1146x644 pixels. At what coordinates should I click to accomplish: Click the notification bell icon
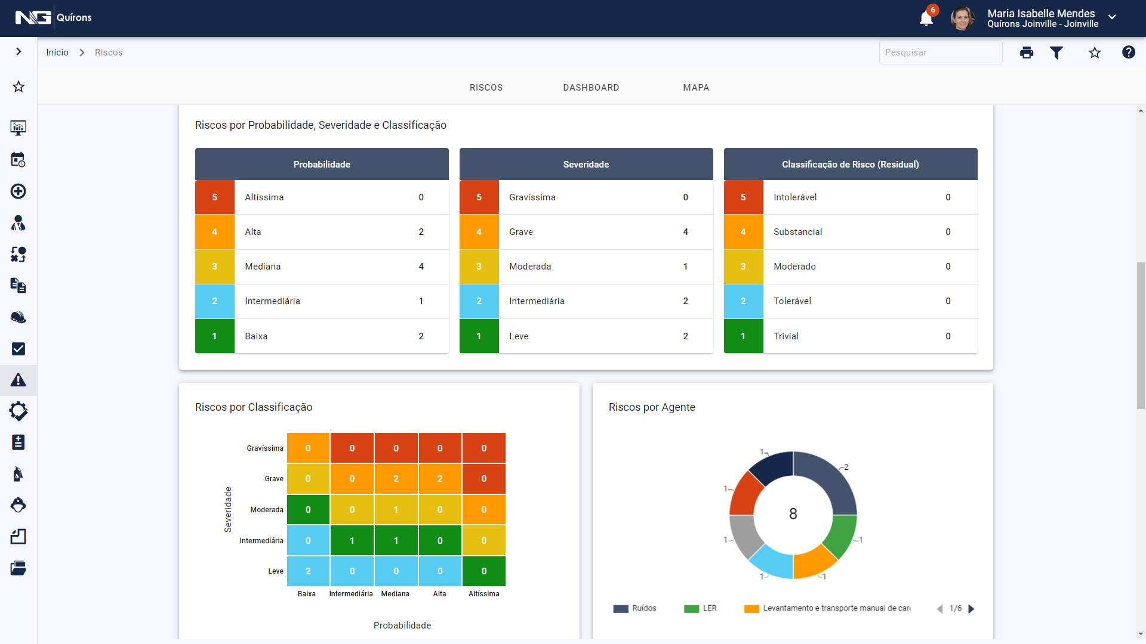pos(926,18)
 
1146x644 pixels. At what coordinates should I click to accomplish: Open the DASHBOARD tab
pos(591,88)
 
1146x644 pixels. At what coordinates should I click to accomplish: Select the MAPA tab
pos(696,88)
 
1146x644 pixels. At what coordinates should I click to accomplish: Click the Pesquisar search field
pos(940,52)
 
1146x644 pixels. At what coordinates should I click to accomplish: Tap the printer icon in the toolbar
pos(1027,52)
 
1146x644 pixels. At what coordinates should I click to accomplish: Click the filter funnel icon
pos(1056,52)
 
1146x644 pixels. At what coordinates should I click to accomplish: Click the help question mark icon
pos(1128,52)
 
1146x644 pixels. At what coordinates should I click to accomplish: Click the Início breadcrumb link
pos(57,52)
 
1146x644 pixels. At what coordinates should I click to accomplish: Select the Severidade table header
pos(586,165)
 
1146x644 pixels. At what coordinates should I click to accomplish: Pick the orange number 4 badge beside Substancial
pos(743,232)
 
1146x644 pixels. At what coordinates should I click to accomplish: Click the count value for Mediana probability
pos(421,267)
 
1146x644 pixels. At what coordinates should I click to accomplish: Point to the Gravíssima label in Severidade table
pos(532,197)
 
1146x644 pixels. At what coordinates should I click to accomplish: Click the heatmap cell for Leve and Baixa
pos(308,571)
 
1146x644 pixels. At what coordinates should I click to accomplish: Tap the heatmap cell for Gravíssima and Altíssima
pos(483,448)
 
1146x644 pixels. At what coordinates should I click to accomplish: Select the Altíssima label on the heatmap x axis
pos(483,594)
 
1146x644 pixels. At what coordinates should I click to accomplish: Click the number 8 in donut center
pos(793,514)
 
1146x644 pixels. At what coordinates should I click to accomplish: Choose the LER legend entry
pos(701,608)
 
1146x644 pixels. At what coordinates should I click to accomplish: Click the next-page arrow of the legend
pos(971,609)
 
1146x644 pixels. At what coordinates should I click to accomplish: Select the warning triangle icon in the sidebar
pos(19,380)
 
